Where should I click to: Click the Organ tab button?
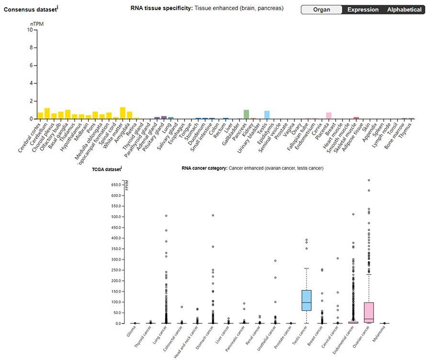tap(322, 10)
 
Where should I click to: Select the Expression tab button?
tap(363, 10)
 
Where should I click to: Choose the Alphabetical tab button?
tap(405, 10)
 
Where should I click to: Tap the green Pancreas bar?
tap(246, 115)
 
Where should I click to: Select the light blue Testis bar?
tap(267, 115)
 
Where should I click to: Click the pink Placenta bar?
tap(329, 116)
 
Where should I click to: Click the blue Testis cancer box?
tap(306, 301)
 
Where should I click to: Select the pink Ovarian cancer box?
tap(369, 312)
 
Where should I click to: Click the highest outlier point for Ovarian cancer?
tap(369, 181)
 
